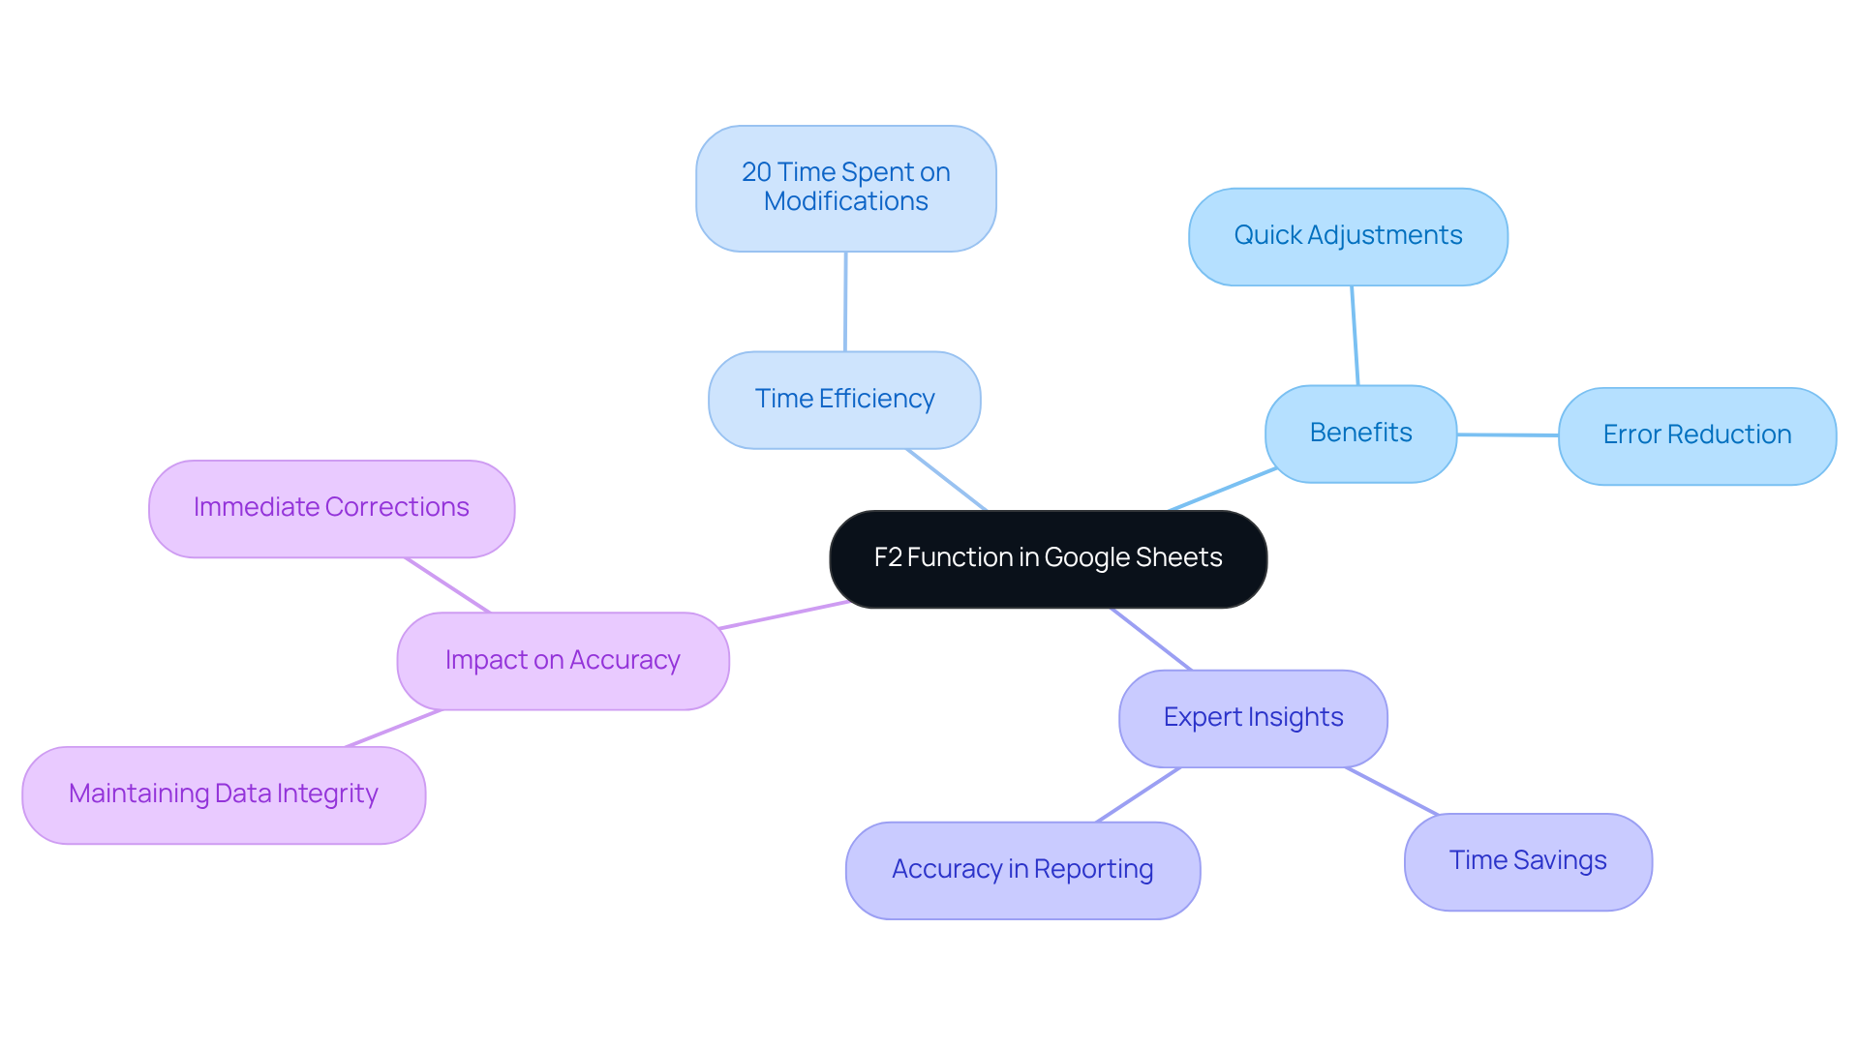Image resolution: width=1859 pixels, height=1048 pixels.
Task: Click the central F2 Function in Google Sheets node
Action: (x=1048, y=558)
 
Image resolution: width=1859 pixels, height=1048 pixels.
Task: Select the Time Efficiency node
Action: (x=844, y=400)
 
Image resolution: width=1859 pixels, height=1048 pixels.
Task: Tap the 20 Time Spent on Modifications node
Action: (x=845, y=188)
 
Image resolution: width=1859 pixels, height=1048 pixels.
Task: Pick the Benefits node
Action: (x=1360, y=434)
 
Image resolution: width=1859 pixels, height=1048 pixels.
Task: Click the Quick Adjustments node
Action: (x=1348, y=236)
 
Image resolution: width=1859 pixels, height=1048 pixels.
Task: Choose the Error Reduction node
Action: (x=1696, y=435)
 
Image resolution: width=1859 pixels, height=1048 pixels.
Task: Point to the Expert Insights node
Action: (x=1253, y=718)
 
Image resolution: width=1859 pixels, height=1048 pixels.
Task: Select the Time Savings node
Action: (x=1528, y=861)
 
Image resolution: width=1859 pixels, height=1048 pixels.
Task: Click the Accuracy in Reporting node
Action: (x=1022, y=870)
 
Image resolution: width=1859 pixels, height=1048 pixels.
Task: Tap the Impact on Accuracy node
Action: (x=563, y=661)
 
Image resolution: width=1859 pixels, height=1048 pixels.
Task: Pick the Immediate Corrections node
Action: (x=331, y=508)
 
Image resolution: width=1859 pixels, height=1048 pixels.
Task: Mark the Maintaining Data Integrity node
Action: (x=224, y=794)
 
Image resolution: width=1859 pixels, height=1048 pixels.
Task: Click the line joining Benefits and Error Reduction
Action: (x=1508, y=434)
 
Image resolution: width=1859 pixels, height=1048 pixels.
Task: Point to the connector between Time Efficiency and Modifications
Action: (x=845, y=302)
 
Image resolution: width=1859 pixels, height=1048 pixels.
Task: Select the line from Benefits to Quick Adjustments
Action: (x=1355, y=335)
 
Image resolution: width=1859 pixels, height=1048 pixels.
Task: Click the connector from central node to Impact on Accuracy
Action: (x=784, y=614)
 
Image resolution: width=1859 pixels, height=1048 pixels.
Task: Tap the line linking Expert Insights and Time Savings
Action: (x=1391, y=791)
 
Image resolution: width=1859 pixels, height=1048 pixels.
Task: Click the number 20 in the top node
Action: (x=756, y=172)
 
